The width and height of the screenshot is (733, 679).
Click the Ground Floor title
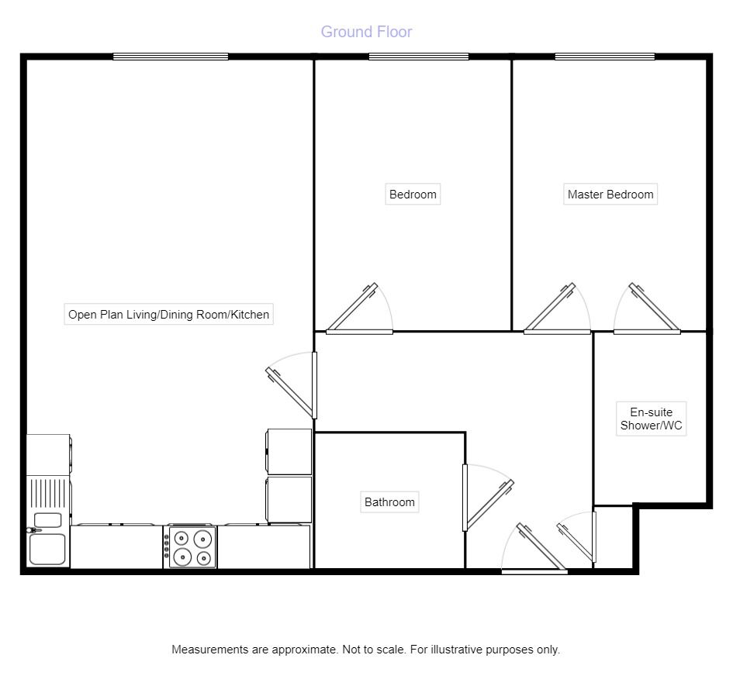(x=366, y=32)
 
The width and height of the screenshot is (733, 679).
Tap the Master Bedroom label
(x=610, y=195)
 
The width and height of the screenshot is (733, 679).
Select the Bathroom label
(x=389, y=502)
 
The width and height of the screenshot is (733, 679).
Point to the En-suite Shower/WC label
(x=652, y=419)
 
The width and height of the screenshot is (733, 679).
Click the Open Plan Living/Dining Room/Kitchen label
(x=169, y=314)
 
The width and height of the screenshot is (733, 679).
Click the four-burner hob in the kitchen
(x=192, y=546)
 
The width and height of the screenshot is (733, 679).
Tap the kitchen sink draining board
(x=48, y=493)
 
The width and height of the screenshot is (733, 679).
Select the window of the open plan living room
(x=171, y=57)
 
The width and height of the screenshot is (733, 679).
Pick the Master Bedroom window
(x=605, y=57)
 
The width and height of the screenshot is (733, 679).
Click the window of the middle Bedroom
(x=419, y=57)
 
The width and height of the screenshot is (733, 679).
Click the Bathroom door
(x=488, y=498)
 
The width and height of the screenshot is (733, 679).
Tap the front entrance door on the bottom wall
(x=534, y=548)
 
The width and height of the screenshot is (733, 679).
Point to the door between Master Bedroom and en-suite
(x=647, y=308)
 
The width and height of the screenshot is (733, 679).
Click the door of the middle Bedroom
(x=359, y=308)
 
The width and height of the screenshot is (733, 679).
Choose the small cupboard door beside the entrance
(x=576, y=537)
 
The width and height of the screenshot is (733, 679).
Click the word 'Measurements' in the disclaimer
(x=210, y=650)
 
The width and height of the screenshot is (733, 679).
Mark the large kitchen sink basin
(x=47, y=550)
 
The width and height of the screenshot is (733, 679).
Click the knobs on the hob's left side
(x=166, y=546)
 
